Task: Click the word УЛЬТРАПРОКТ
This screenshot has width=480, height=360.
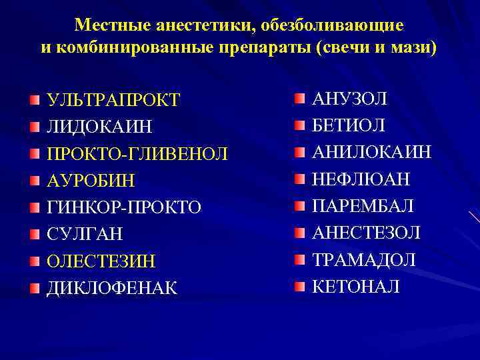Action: pos(113,100)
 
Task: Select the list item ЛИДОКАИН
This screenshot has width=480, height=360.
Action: pos(99,127)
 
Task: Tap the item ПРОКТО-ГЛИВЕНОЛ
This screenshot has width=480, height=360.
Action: pos(137,154)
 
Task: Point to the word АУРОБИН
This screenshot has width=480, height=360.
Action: pos(91,181)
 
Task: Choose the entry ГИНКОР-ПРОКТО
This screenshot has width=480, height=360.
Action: pos(124,207)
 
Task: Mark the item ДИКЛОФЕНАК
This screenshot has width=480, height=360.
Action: pos(112,288)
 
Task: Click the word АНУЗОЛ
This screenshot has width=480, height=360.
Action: pos(350,99)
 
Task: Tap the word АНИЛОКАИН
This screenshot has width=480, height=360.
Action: pos(372,152)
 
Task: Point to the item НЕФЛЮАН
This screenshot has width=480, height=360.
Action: pos(361,179)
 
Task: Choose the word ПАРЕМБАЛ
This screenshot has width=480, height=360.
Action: pos(363,205)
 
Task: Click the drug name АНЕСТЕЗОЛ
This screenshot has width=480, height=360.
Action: pos(367,233)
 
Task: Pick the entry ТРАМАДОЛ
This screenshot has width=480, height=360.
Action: pos(364,259)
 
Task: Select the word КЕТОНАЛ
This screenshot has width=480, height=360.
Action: pos(357,287)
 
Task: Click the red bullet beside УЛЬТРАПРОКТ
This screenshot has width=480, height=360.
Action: pos(34,100)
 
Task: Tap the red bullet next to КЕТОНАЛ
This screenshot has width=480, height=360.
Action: pos(300,287)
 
